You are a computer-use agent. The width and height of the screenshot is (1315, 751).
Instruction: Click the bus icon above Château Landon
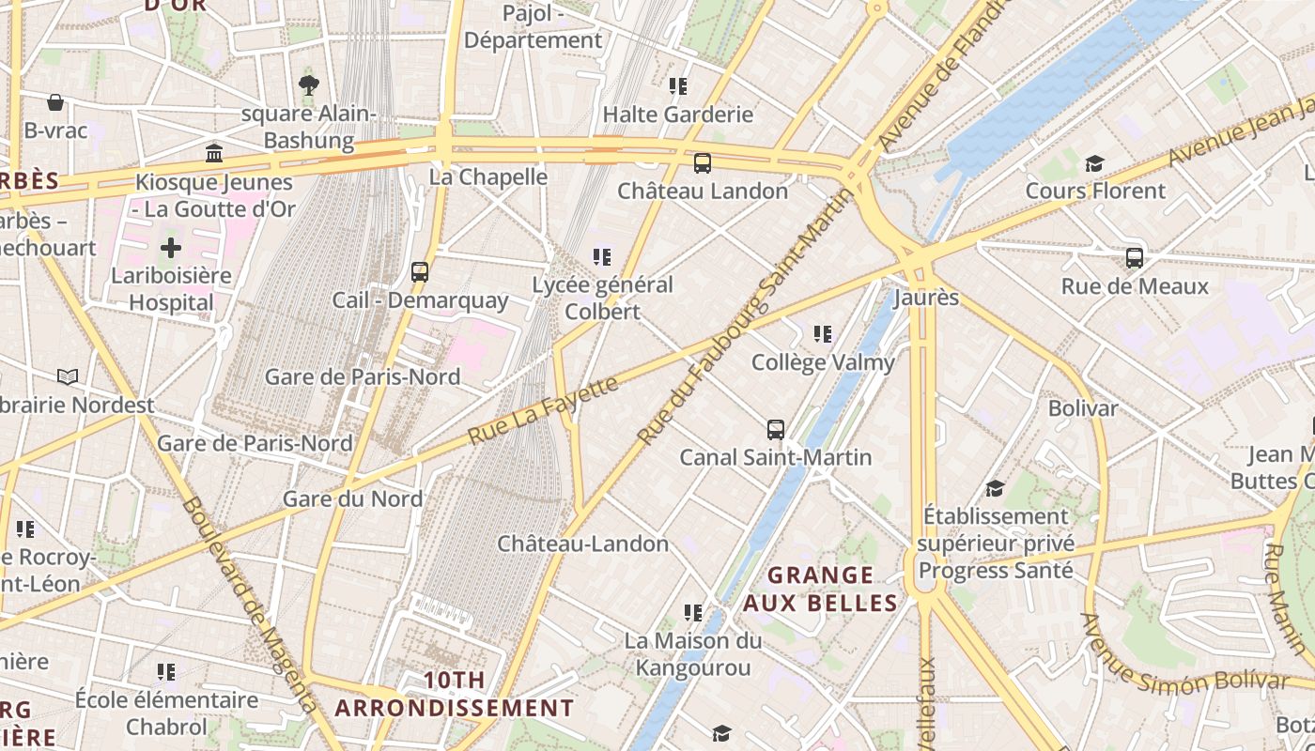click(702, 163)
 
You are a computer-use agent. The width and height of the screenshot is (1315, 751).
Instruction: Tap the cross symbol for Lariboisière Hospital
click(170, 248)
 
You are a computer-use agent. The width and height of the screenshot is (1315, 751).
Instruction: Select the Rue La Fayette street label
click(543, 409)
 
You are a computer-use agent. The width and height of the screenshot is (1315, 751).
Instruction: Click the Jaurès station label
click(926, 298)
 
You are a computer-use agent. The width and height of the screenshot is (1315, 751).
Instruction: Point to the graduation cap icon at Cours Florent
click(1093, 164)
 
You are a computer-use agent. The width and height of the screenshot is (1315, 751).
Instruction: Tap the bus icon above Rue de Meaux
click(1135, 257)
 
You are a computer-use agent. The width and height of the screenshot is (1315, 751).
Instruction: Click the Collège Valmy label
click(823, 361)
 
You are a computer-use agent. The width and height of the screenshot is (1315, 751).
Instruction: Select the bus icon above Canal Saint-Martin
click(775, 430)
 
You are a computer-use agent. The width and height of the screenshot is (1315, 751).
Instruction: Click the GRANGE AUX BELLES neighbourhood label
click(821, 589)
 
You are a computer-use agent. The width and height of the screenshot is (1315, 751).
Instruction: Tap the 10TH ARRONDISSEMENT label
click(455, 694)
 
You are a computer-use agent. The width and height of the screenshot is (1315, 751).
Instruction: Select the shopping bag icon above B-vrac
click(55, 102)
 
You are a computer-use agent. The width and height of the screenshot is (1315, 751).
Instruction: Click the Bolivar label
click(1083, 408)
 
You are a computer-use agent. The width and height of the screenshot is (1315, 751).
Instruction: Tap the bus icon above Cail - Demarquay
click(420, 272)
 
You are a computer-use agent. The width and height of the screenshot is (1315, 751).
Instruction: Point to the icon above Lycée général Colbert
click(602, 256)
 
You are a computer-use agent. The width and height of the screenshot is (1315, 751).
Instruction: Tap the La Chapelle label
click(488, 176)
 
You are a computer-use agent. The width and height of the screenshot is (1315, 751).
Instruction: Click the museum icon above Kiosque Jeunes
click(214, 153)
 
